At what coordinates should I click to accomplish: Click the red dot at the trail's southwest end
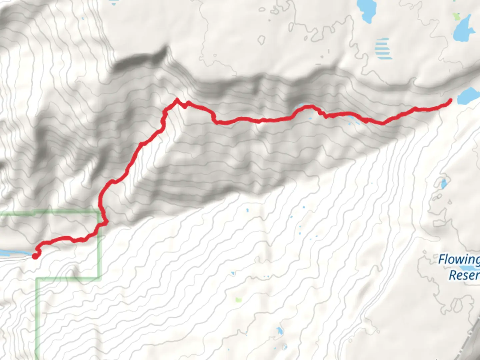35,256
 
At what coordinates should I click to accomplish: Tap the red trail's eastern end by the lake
450,100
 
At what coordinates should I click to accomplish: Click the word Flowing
459,259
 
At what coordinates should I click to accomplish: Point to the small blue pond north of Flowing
444,184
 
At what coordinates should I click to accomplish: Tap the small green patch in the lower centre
238,300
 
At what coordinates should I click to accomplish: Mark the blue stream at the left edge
10,253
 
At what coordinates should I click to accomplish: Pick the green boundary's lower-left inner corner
38,279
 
